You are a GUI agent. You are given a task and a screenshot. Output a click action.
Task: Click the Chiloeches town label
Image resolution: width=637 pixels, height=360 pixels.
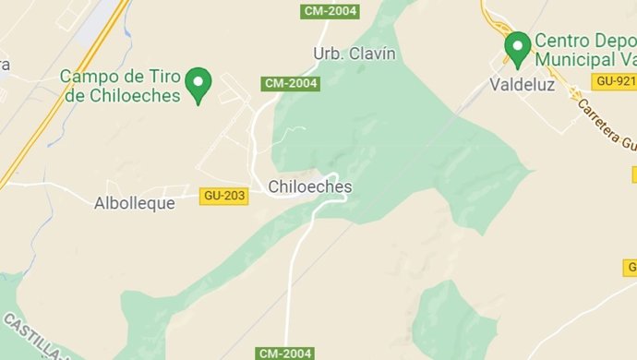[x=309, y=186]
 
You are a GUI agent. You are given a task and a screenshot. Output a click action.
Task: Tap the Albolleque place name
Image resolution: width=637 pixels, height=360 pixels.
[x=134, y=203]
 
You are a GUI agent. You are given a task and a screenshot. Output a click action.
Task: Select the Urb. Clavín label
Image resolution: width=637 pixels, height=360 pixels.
[x=355, y=54]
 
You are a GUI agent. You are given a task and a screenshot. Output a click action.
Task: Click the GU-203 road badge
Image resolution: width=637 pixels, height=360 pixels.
[x=223, y=196]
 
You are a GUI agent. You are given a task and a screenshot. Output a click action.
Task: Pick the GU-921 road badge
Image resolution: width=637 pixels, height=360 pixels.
[x=614, y=81]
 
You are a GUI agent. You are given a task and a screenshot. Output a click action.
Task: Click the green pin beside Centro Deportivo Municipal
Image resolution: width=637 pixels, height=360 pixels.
[x=517, y=47]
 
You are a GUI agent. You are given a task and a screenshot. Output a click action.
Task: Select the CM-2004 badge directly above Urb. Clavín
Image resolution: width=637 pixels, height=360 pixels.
[x=330, y=11]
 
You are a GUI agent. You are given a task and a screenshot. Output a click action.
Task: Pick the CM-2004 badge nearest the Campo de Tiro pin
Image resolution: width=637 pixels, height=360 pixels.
[x=291, y=83]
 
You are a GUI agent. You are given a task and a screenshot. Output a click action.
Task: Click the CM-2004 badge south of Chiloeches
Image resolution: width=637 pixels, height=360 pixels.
[x=285, y=353]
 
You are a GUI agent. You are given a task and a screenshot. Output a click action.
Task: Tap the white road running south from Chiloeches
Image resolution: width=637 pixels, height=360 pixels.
[x=294, y=268]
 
